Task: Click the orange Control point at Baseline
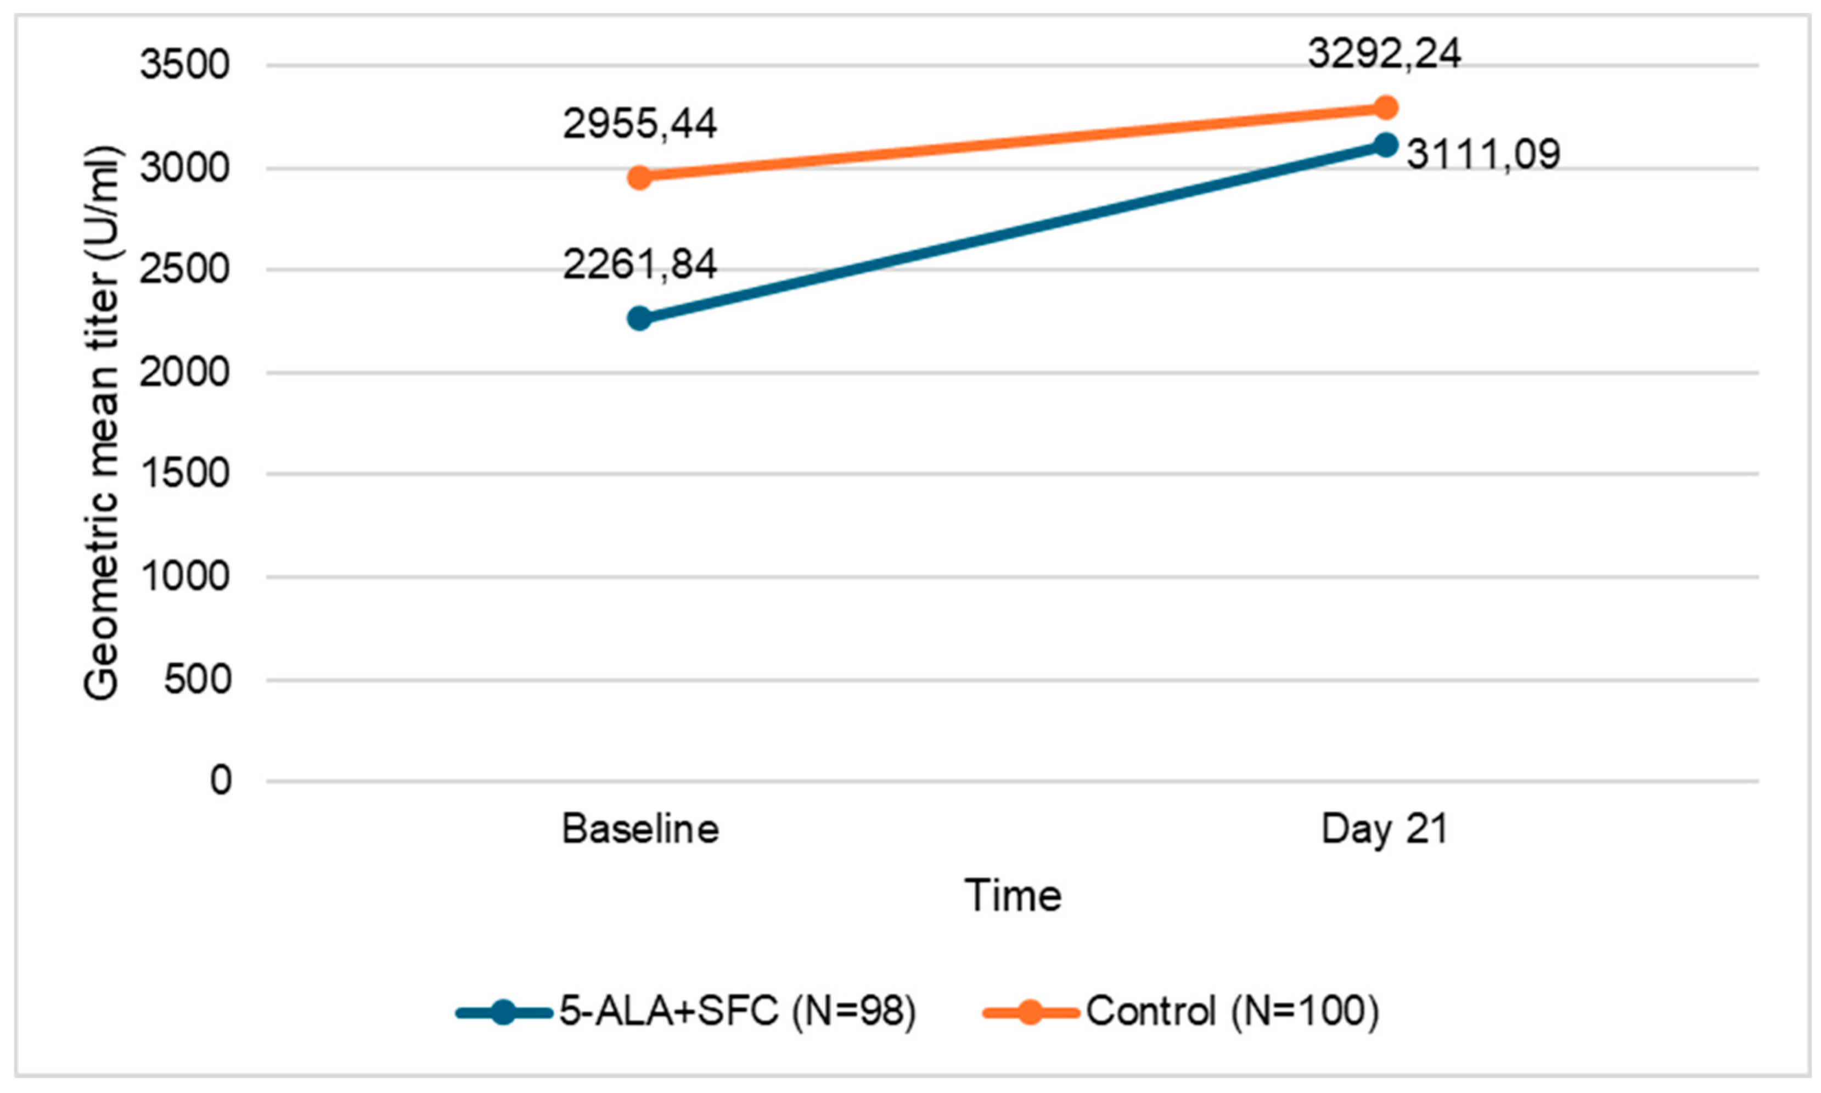(639, 177)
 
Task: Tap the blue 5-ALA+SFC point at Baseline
(639, 318)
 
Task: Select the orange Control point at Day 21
(1385, 108)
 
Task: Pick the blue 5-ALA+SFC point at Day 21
(1385, 145)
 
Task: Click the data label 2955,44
(639, 124)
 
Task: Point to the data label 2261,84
(639, 265)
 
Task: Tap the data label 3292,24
(1384, 54)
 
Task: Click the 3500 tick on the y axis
(185, 65)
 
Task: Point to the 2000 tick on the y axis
(185, 373)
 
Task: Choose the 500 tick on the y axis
(196, 680)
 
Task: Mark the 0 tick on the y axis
(220, 780)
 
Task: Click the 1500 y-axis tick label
(185, 474)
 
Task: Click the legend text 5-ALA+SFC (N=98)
(737, 1011)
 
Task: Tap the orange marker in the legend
(1030, 1012)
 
